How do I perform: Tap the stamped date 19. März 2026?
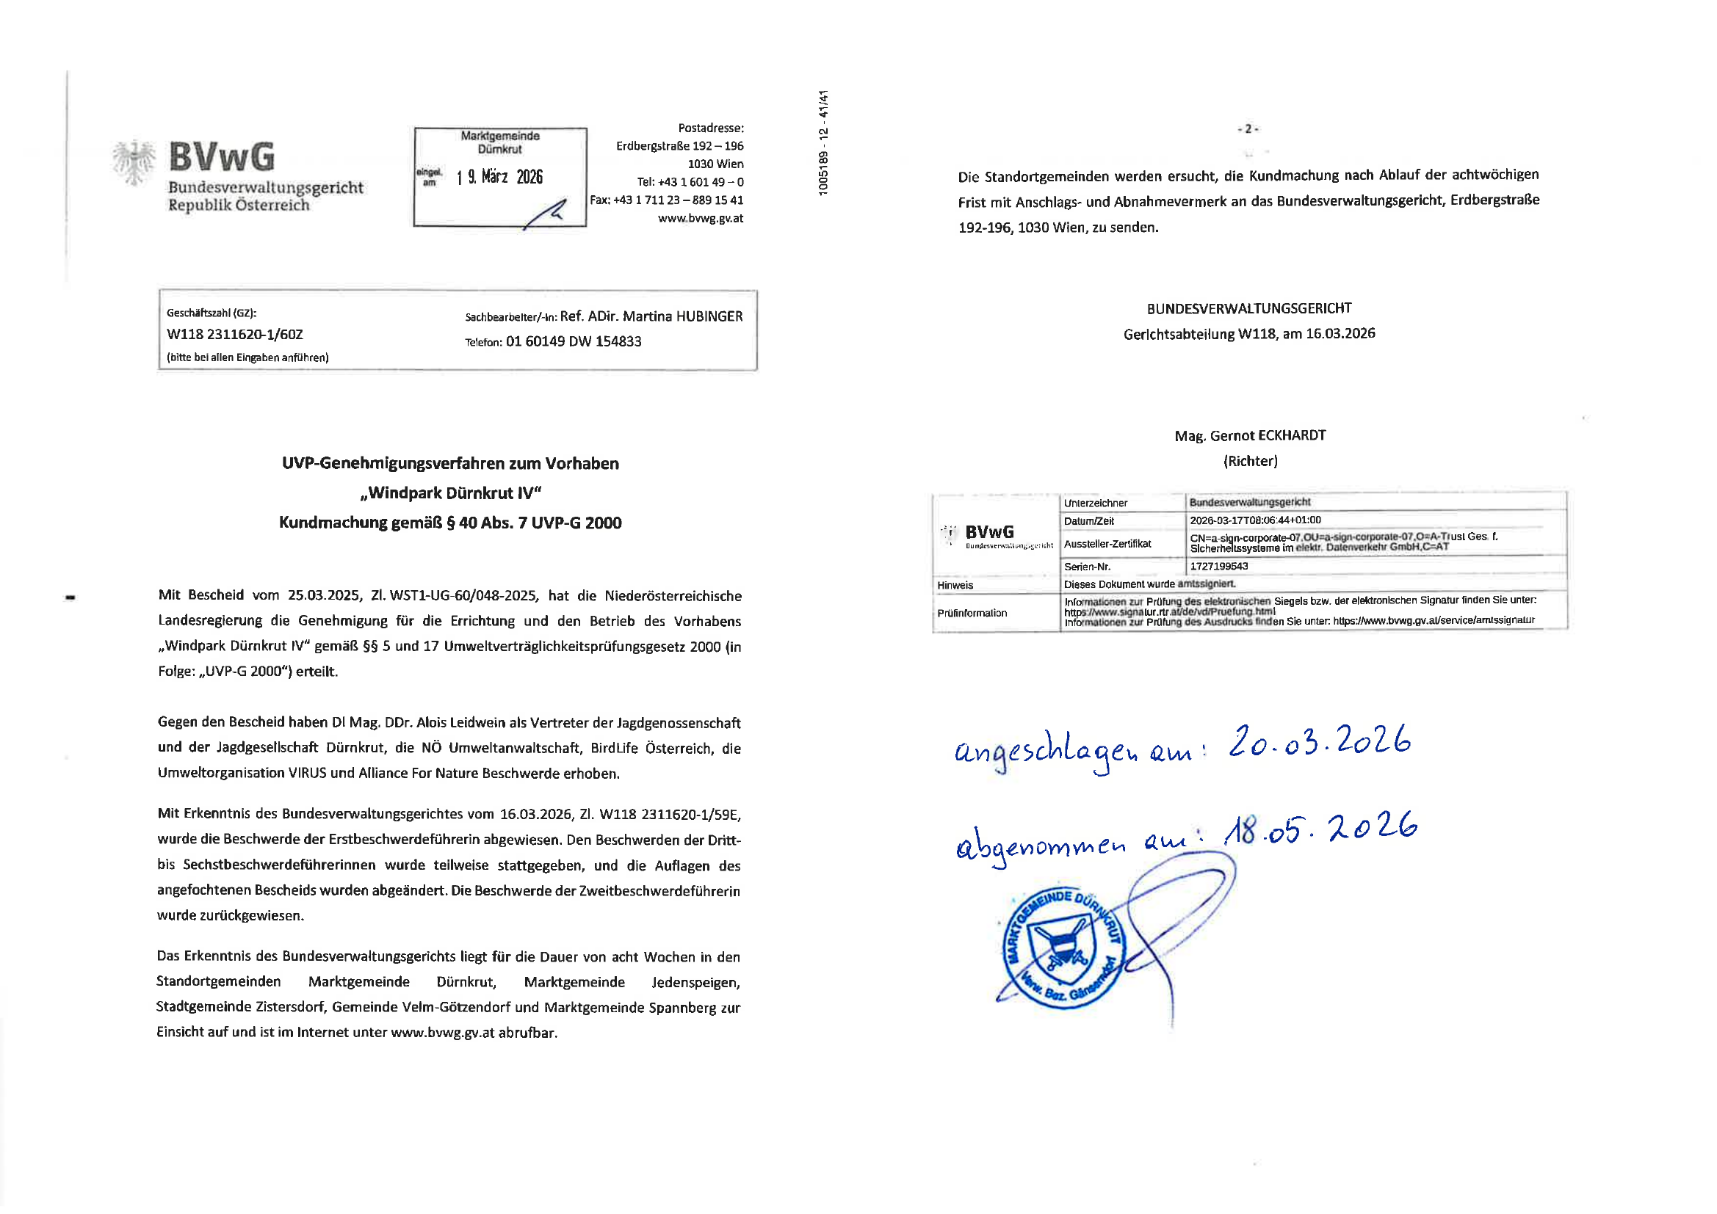click(499, 177)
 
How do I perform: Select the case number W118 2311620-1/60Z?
click(235, 334)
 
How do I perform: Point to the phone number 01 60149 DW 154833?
click(574, 341)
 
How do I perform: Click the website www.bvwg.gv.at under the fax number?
click(700, 218)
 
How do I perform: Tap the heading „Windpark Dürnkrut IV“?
click(450, 492)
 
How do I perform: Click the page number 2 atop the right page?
click(1248, 128)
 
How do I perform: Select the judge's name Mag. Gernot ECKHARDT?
click(1250, 435)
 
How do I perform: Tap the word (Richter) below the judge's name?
click(1251, 461)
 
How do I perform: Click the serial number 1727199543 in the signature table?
click(1219, 566)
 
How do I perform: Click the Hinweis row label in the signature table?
click(955, 584)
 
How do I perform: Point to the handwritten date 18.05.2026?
click(1320, 828)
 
